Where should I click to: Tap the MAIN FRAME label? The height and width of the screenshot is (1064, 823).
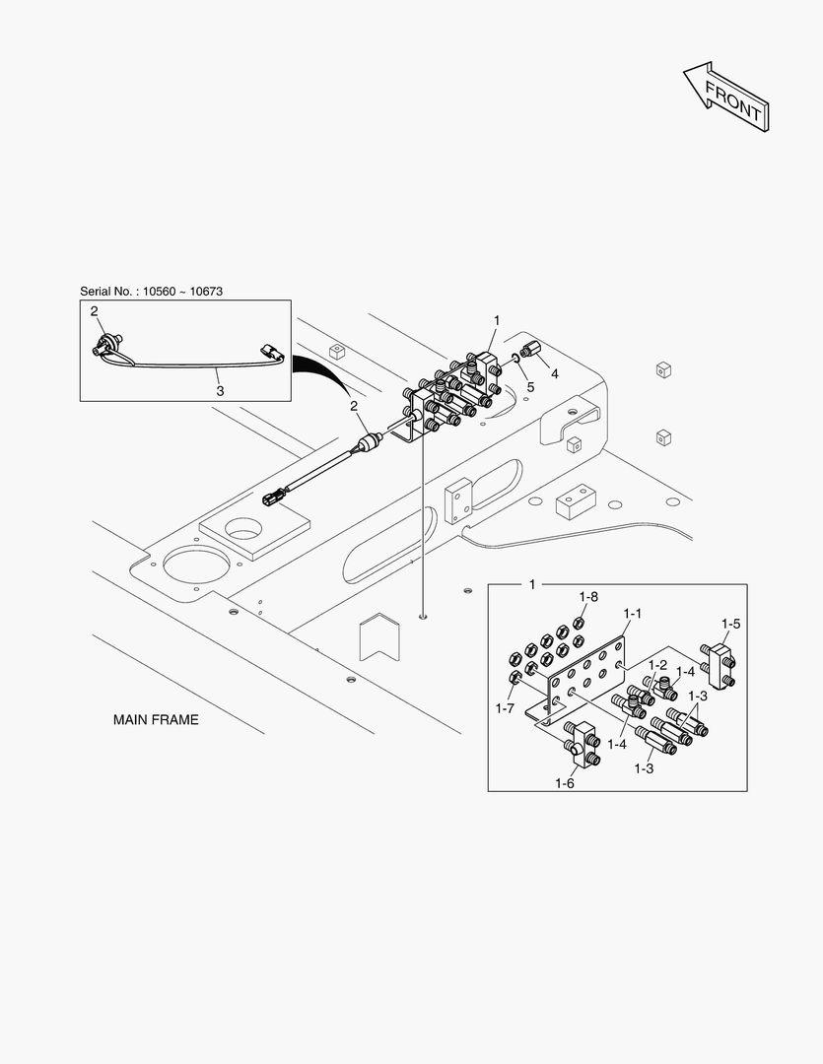point(156,720)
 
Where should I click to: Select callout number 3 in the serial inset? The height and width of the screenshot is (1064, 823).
point(220,391)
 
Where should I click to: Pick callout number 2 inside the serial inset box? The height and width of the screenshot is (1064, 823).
point(95,312)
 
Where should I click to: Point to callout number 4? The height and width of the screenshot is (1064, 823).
point(554,373)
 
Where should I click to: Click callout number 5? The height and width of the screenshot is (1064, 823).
point(530,387)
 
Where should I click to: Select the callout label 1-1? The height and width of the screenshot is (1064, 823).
point(632,613)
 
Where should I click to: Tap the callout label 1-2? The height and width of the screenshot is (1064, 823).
point(657,665)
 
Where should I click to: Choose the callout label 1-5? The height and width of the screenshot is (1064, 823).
point(730,624)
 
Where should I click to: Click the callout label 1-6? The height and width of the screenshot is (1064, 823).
point(565,782)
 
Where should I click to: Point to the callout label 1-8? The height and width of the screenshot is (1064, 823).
point(588,596)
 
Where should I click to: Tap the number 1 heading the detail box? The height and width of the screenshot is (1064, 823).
point(532,585)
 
